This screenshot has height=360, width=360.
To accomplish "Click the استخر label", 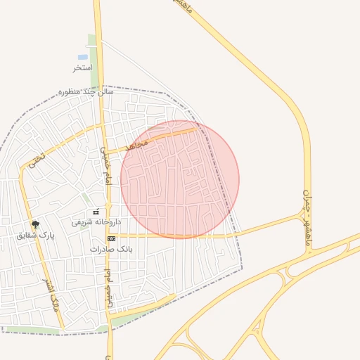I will coord(83,68).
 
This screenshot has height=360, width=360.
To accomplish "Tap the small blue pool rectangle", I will coord(83,56).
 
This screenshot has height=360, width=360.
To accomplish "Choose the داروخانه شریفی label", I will coord(96,221).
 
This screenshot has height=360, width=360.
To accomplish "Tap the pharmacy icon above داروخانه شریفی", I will coord(96,212).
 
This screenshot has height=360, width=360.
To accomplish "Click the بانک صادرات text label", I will coord(111,249).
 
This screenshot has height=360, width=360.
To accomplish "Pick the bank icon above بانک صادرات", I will coord(111,239).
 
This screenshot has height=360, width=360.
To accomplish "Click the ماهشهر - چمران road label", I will coord(308,218).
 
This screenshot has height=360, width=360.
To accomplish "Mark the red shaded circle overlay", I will coord(180,179).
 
